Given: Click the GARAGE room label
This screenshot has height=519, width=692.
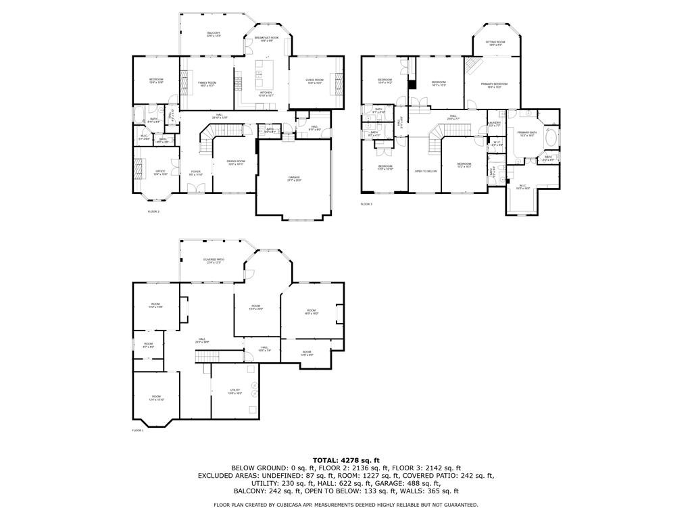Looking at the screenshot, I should [294, 178].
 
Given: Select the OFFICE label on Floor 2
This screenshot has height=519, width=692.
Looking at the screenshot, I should [160, 172].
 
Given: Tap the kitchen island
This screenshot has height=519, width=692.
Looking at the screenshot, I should [259, 70].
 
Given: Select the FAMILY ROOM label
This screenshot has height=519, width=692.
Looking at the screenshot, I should [207, 83].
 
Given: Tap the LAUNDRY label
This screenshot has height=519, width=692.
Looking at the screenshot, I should [495, 124].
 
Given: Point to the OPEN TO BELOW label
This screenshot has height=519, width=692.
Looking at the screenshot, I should [426, 171].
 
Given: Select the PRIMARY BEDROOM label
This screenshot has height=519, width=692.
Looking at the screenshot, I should [495, 85].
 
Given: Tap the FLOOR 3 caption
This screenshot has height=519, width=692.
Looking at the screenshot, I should [366, 203].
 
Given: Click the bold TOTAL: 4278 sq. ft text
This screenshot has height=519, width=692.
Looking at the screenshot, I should [346, 460].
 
